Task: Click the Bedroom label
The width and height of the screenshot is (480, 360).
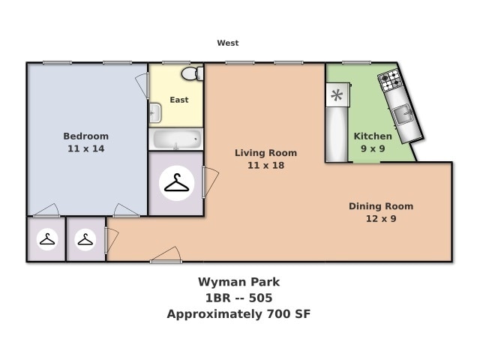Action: (x=85, y=136)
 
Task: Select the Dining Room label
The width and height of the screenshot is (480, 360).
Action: (x=381, y=206)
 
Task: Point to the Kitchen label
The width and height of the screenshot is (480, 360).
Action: (x=373, y=136)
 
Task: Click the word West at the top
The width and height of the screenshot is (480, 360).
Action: (x=228, y=43)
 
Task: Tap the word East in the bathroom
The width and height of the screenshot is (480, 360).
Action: (x=179, y=100)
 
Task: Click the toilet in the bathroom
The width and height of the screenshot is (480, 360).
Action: (x=191, y=73)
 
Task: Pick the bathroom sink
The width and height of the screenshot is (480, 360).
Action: (x=155, y=113)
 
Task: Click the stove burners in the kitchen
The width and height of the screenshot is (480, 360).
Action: (x=389, y=79)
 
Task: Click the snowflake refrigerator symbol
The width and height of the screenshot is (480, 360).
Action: (x=337, y=95)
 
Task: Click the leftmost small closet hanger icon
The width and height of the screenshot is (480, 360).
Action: (x=47, y=239)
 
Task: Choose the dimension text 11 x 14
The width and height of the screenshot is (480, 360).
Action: (x=85, y=148)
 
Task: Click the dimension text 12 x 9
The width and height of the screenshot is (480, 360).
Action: (x=381, y=219)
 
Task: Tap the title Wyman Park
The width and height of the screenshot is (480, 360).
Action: (x=238, y=283)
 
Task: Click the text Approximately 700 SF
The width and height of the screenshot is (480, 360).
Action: (x=238, y=314)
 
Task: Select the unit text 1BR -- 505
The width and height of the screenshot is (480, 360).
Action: (x=238, y=298)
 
